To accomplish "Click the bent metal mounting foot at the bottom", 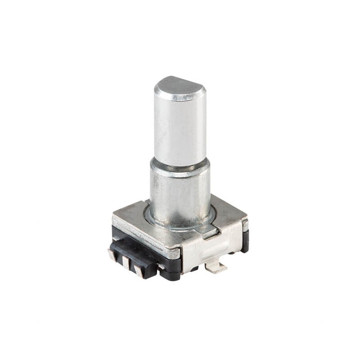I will (x=216, y=268).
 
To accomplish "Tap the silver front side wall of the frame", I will (x=211, y=250).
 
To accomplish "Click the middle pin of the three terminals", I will (x=126, y=263).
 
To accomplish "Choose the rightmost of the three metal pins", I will (x=139, y=270).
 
